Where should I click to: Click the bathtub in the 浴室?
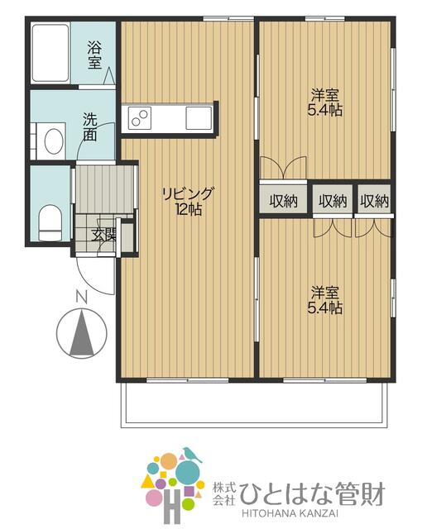coord(50,53)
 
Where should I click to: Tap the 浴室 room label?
coord(94,55)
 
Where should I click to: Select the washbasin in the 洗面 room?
coord(54,141)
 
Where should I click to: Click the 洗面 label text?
coord(90,126)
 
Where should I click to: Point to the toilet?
coord(50,222)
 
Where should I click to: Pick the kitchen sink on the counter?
coord(199,117)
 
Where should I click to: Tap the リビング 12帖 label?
coord(188,202)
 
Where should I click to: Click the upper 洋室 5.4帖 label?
coord(325,102)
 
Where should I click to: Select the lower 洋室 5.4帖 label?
coord(325,300)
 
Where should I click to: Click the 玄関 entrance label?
coord(104,235)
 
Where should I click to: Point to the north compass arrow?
coord(81,334)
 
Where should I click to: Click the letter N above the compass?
coord(81,298)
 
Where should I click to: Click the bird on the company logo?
coord(192,455)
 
